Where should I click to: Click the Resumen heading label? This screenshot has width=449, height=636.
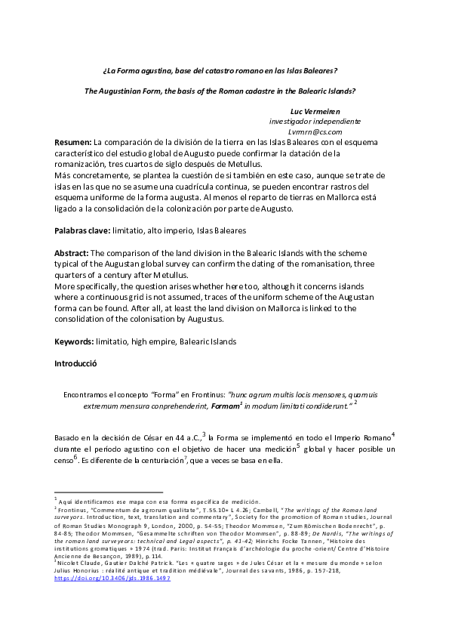72,142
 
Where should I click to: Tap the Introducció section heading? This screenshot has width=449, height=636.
76,363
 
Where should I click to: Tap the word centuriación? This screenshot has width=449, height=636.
184,460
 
